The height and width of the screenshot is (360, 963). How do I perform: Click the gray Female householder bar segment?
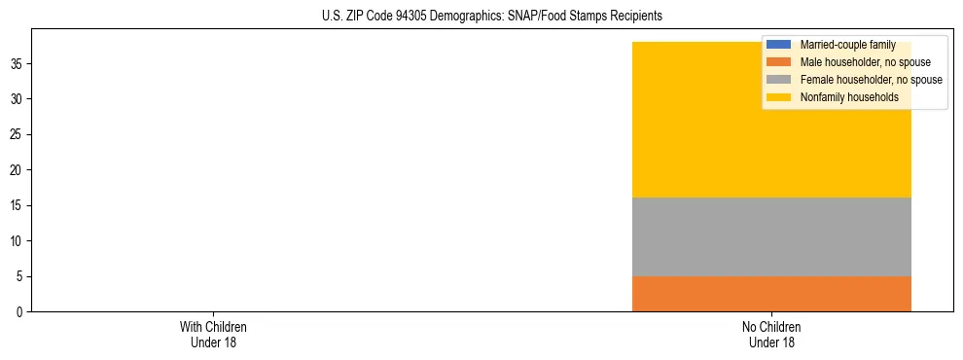(771, 236)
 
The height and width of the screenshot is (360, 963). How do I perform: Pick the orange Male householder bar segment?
(771, 294)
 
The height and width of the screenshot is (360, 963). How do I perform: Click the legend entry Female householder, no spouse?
(871, 80)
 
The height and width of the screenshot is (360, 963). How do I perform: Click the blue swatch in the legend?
(779, 45)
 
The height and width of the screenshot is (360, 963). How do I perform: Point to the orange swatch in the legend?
(779, 62)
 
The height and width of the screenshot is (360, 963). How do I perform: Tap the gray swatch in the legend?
(779, 80)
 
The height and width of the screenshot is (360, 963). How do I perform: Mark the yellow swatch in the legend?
(779, 97)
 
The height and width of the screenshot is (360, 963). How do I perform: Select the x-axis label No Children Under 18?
(771, 335)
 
